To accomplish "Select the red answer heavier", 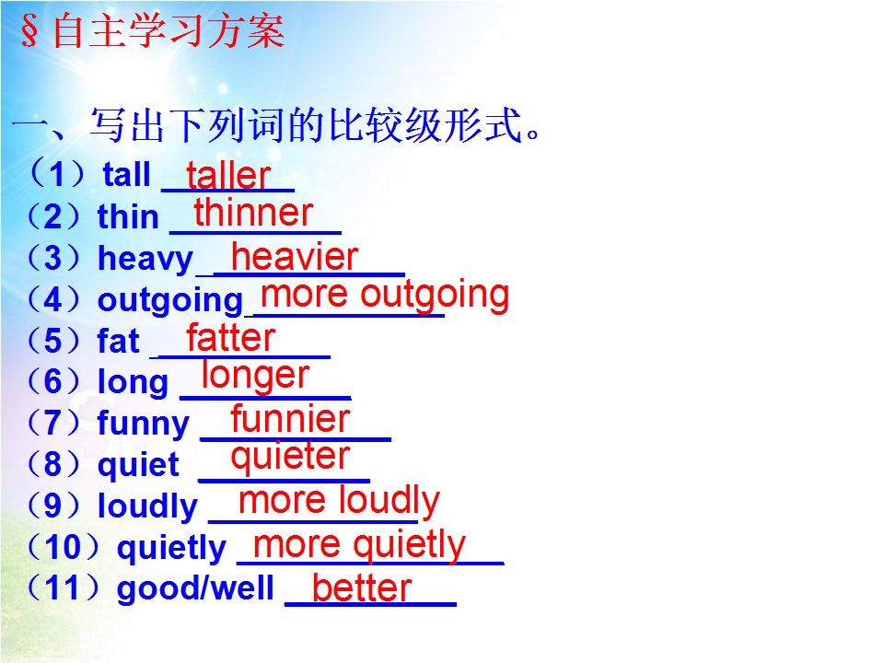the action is click(295, 257).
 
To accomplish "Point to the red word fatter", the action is click(231, 337).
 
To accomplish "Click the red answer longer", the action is click(256, 377).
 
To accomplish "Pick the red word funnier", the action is click(290, 419).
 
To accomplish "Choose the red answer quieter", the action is click(290, 457).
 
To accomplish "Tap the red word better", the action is click(362, 588).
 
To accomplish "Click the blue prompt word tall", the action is click(127, 174).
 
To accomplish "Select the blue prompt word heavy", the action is click(145, 260).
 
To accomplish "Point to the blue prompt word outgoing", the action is click(170, 301).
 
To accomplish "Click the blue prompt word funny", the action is click(144, 424).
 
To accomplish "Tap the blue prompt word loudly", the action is click(147, 506).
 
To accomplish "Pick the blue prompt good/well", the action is click(195, 588).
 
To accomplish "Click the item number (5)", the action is click(53, 341).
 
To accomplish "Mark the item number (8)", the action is click(53, 464).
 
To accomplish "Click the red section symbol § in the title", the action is click(29, 30).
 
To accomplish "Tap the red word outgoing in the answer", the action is click(435, 296).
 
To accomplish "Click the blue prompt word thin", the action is click(128, 216).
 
